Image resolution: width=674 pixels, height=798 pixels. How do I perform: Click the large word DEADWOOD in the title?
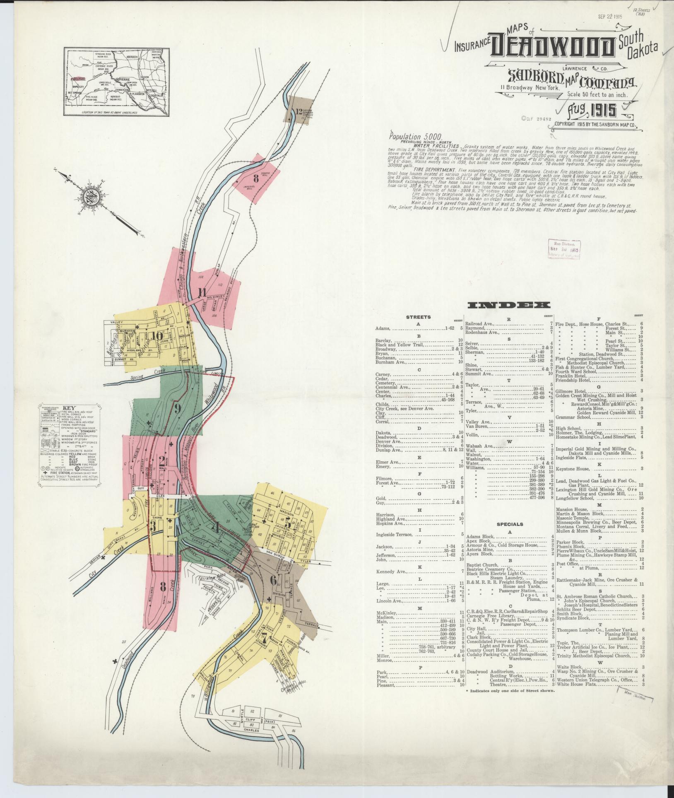(x=553, y=47)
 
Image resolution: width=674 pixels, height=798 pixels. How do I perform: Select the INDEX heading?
(x=509, y=306)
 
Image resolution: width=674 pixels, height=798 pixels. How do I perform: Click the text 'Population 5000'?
(x=416, y=136)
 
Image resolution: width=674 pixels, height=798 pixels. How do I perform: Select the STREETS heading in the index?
(x=419, y=317)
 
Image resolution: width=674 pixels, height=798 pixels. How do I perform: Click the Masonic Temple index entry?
(x=571, y=518)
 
